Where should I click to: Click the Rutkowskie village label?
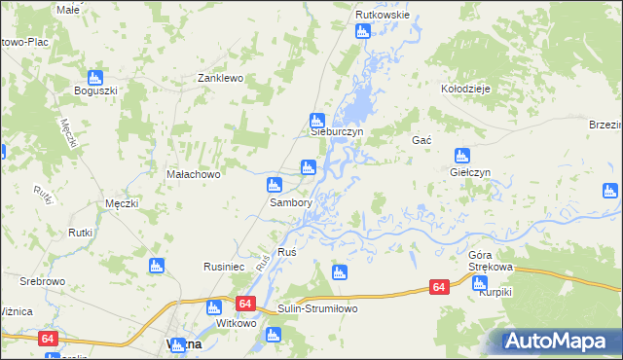(383, 16)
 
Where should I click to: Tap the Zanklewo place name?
(219, 78)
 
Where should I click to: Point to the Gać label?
(421, 140)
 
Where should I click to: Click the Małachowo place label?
(195, 175)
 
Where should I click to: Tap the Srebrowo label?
(42, 281)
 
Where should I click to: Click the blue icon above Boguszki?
(95, 77)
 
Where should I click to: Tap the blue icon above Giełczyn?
(462, 155)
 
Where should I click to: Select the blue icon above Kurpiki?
(479, 283)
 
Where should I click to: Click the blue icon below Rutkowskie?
(363, 31)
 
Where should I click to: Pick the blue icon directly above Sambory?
(275, 185)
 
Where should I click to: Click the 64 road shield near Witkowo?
(243, 305)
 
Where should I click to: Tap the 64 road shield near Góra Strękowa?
(439, 287)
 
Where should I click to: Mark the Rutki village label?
(80, 233)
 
